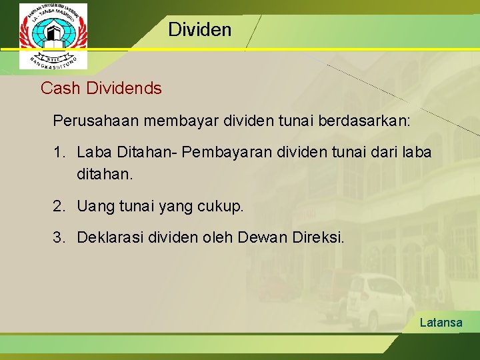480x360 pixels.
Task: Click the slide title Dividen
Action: pyautogui.click(x=199, y=29)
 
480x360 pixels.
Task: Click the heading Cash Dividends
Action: pyautogui.click(x=101, y=88)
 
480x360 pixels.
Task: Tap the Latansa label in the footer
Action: pyautogui.click(x=441, y=323)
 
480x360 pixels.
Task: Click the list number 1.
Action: pyautogui.click(x=58, y=153)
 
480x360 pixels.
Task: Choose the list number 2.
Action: pyautogui.click(x=59, y=207)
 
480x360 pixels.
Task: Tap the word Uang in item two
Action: pyautogui.click(x=92, y=207)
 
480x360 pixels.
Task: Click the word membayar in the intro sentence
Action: pyautogui.click(x=171, y=121)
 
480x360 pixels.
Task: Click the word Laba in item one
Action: pyautogui.click(x=94, y=153)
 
